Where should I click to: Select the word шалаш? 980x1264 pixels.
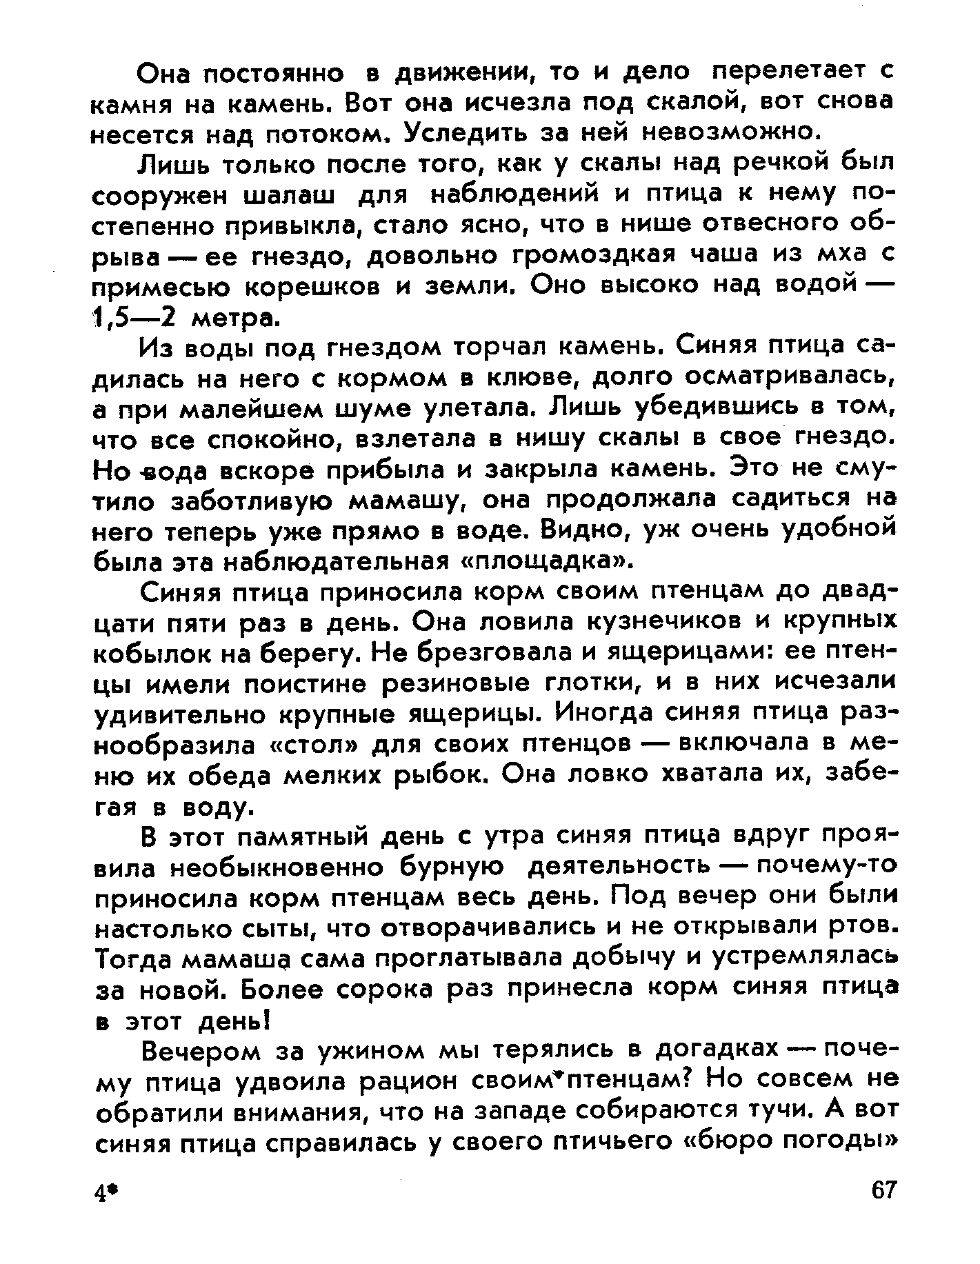[x=290, y=195]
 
